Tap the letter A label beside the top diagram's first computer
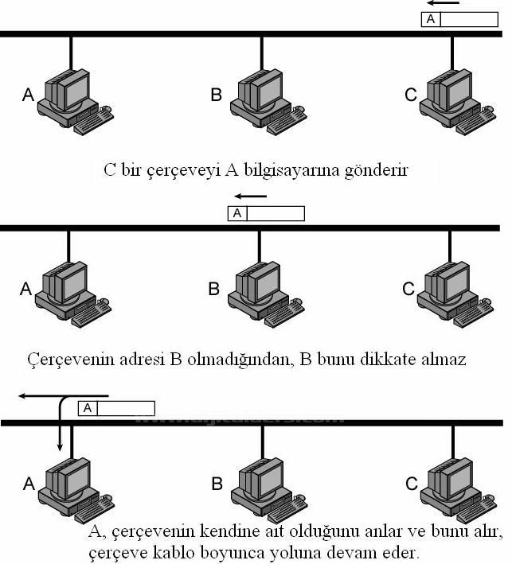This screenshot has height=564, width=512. [28, 95]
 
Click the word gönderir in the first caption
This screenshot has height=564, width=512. [378, 169]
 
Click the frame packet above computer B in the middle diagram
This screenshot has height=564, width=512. [266, 213]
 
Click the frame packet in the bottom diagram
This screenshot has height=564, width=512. [116, 408]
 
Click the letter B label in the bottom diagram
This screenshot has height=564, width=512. [216, 483]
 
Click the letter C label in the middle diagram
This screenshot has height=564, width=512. [408, 289]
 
